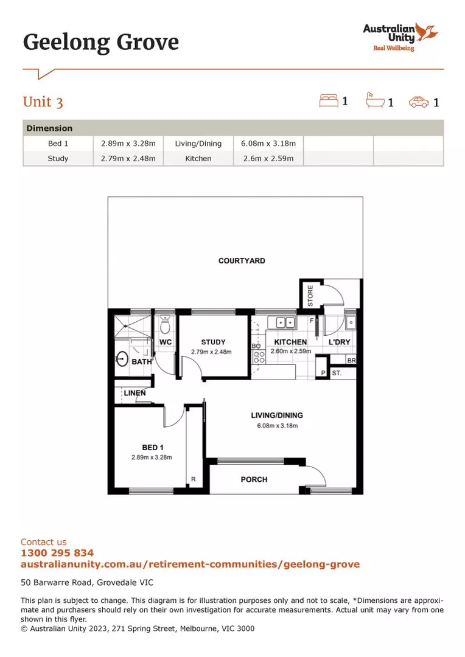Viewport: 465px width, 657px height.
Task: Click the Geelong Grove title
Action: click(101, 43)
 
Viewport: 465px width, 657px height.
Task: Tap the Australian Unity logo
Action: click(400, 36)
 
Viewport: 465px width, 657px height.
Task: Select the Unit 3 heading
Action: click(43, 102)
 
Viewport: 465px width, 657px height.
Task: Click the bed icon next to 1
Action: click(328, 100)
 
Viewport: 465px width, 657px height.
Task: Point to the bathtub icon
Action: click(374, 100)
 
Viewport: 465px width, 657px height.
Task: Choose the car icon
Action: click(419, 102)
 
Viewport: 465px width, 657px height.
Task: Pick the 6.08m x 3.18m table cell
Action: click(268, 144)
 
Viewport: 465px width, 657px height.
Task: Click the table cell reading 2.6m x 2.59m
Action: click(268, 158)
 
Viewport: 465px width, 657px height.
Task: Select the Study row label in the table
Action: click(58, 158)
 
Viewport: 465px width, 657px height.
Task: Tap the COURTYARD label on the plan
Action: click(242, 261)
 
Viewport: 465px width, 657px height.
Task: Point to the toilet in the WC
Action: click(164, 326)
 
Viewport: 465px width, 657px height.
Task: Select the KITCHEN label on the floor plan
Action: click(290, 342)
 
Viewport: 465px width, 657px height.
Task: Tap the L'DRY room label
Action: click(339, 342)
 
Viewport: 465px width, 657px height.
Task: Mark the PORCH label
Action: click(254, 479)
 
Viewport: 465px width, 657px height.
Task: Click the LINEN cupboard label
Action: click(135, 393)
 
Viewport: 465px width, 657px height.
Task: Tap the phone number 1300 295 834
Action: click(57, 553)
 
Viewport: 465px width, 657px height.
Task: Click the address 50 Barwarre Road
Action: click(87, 582)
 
